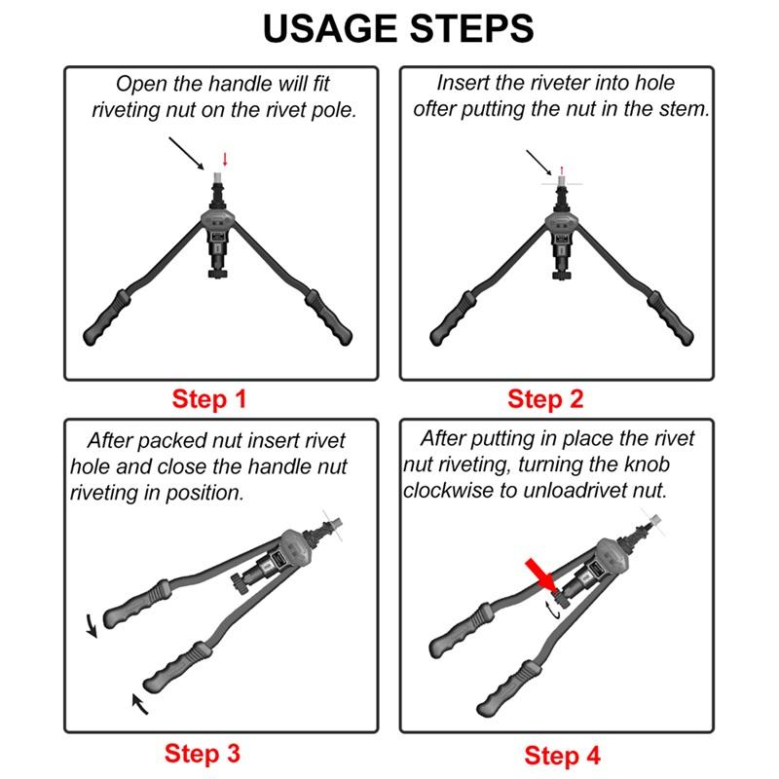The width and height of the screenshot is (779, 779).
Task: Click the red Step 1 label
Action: point(209,399)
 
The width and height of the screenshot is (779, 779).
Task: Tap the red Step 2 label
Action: point(545,399)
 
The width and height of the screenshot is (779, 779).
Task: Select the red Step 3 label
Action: point(202,753)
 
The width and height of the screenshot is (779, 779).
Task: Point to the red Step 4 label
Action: point(562,755)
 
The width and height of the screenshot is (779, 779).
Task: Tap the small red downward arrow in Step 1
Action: point(226,159)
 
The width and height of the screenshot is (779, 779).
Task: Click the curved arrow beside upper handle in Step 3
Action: point(91,625)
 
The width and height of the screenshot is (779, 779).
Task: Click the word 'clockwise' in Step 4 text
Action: point(448,491)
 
